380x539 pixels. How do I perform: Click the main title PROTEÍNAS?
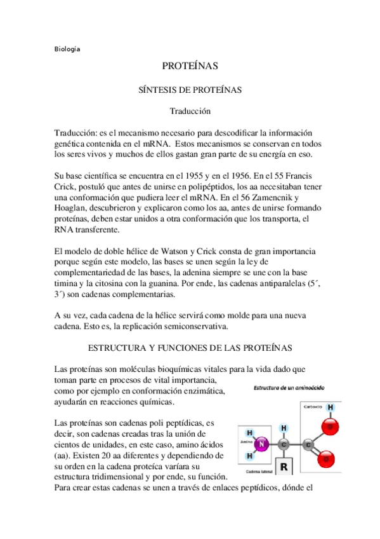pos(190,66)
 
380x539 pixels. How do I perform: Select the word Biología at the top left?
pos(67,49)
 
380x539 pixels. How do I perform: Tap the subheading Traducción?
pos(190,111)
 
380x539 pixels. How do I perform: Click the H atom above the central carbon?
pos(284,427)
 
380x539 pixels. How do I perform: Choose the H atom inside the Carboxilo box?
pos(330,407)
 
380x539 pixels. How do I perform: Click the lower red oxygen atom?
pos(327,458)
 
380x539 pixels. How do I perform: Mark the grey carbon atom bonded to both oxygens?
pos(308,443)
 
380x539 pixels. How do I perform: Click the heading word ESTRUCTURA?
pos(115,348)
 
